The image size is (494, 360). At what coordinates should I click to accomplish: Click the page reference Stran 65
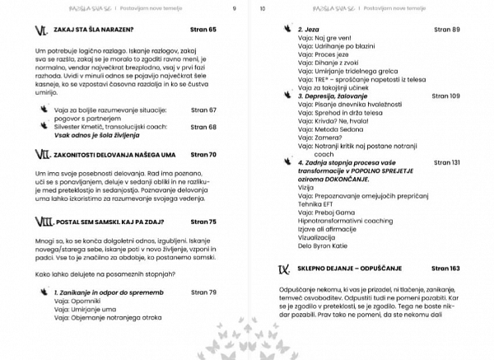tap(202, 30)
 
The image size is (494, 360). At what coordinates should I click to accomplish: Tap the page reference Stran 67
tap(202, 109)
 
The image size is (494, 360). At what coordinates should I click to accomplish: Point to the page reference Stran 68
tap(202, 127)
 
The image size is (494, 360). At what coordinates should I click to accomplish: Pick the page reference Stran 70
tap(202, 154)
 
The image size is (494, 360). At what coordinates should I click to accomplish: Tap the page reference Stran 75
tap(202, 222)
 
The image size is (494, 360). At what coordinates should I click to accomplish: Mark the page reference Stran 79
tap(202, 292)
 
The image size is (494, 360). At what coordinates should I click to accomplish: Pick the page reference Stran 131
tap(443, 163)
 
